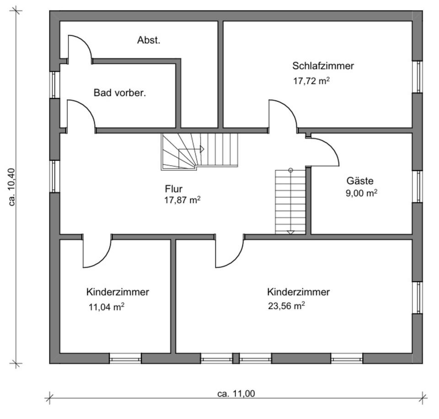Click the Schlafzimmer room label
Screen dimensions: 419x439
point(323,66)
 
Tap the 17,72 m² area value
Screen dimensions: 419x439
point(311,81)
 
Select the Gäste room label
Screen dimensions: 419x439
point(360,180)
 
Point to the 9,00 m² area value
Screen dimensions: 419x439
point(361,193)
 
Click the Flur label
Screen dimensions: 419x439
point(174,188)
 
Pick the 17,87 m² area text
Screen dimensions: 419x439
point(182,200)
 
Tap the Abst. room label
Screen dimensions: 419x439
point(149,40)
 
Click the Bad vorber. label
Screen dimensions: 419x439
point(120,93)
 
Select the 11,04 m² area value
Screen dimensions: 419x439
point(106,307)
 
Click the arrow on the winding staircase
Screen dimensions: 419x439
point(201,149)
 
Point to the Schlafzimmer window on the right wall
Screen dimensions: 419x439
point(417,76)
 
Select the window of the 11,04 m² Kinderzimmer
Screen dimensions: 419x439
point(125,359)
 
